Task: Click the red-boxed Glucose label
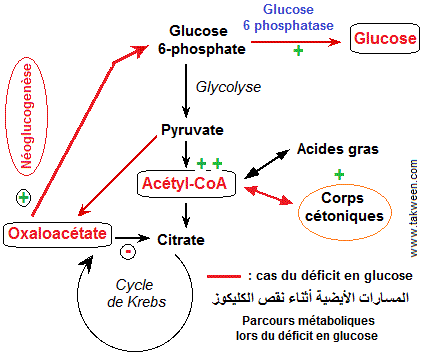(382, 40)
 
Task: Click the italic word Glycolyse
(224, 87)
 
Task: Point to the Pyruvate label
(191, 130)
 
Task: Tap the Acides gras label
(337, 150)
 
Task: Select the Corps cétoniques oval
(340, 207)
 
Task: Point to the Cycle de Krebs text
(134, 293)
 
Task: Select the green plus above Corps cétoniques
(339, 174)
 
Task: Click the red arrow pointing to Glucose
(310, 40)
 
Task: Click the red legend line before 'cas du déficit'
(225, 275)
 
